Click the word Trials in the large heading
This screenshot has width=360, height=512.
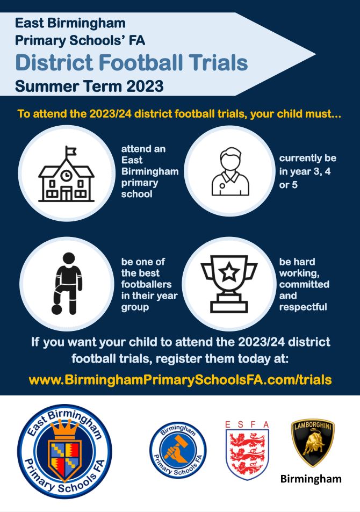[x=217, y=63]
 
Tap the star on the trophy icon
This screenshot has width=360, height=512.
[x=229, y=272]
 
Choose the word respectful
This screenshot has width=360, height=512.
[x=303, y=307]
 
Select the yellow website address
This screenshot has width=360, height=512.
[x=180, y=379]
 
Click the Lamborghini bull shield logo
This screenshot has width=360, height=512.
[x=313, y=443]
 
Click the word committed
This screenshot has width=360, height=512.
[x=304, y=285]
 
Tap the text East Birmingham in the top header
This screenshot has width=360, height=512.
[x=70, y=23]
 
